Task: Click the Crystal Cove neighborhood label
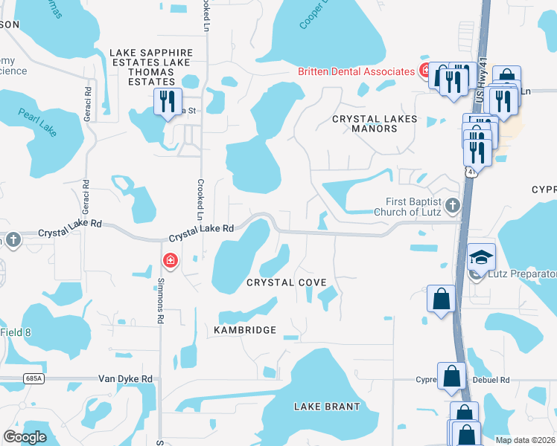[286, 283]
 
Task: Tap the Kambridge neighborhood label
[245, 330]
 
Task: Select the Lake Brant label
[327, 407]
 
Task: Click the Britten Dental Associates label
[356, 71]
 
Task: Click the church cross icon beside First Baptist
[452, 204]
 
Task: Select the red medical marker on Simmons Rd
[171, 260]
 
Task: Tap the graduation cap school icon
[481, 256]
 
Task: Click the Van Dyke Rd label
[126, 379]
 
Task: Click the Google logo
[25, 437]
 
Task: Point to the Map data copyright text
[525, 439]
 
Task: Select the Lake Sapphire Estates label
[151, 53]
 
